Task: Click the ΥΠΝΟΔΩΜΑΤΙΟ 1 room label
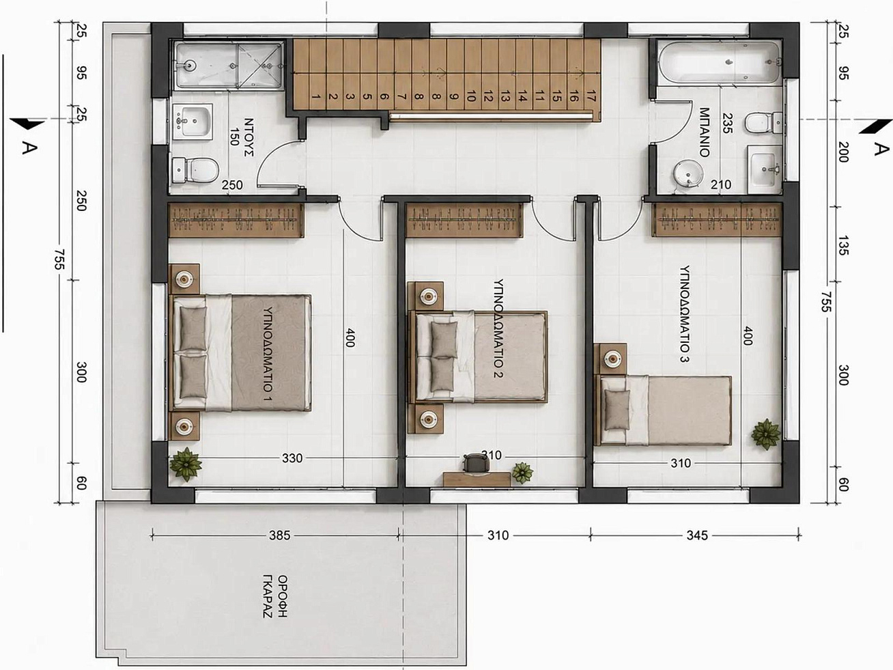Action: [267, 353]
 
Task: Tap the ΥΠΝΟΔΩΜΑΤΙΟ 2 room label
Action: [498, 328]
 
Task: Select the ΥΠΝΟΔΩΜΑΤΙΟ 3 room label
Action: [685, 314]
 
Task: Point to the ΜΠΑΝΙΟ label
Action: [704, 132]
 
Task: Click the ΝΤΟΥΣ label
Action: [248, 137]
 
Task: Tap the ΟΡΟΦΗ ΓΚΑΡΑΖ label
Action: [274, 596]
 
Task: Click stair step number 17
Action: [591, 97]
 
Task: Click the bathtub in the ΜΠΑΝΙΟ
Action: [720, 62]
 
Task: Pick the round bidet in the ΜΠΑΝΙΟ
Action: [688, 175]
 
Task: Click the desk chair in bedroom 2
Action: [474, 463]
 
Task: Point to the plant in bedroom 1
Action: [186, 464]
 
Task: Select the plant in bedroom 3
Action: [766, 434]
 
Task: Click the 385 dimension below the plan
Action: [279, 535]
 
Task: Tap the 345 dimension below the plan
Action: [697, 535]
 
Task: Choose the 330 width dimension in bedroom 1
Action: [292, 458]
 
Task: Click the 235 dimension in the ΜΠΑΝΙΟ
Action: [727, 123]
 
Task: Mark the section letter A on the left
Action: [29, 148]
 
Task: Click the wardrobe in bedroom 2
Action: [465, 220]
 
